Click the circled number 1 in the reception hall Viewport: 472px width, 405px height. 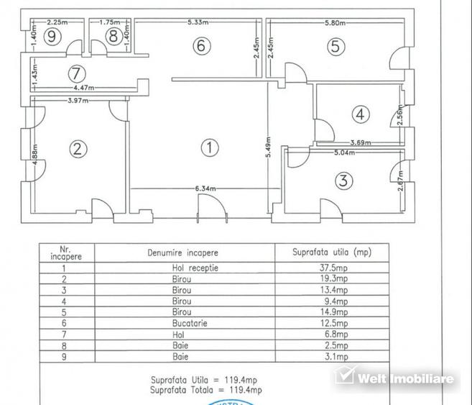pyautogui.click(x=210, y=147)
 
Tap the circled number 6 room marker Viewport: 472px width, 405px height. pyautogui.click(x=202, y=46)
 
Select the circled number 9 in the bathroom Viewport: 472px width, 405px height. pyautogui.click(x=52, y=37)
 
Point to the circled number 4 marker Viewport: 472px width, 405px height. pyautogui.click(x=361, y=114)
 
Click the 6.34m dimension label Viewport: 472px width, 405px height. pyautogui.click(x=205, y=188)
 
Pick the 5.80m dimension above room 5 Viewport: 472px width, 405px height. pyautogui.click(x=335, y=22)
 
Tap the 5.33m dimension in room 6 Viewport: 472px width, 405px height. pyautogui.click(x=198, y=22)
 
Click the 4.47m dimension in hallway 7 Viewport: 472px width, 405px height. pyautogui.click(x=84, y=88)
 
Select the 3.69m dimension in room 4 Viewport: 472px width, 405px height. pyautogui.click(x=361, y=142)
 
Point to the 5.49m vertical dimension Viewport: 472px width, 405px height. pyautogui.click(x=269, y=147)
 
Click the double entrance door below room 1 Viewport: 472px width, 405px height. pyautogui.click(x=212, y=208)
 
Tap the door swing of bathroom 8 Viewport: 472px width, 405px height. pyautogui.click(x=98, y=47)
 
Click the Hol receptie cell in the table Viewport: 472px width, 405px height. pyautogui.click(x=195, y=268)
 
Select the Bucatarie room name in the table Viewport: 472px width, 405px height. pyautogui.click(x=190, y=323)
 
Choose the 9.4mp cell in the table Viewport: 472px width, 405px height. pyautogui.click(x=336, y=301)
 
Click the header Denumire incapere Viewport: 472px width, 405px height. pyautogui.click(x=182, y=252)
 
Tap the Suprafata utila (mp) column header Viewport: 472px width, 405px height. pyautogui.click(x=332, y=252)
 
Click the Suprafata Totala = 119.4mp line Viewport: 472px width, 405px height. pyautogui.click(x=206, y=390)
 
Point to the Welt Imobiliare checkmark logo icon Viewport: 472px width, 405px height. pyautogui.click(x=344, y=376)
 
